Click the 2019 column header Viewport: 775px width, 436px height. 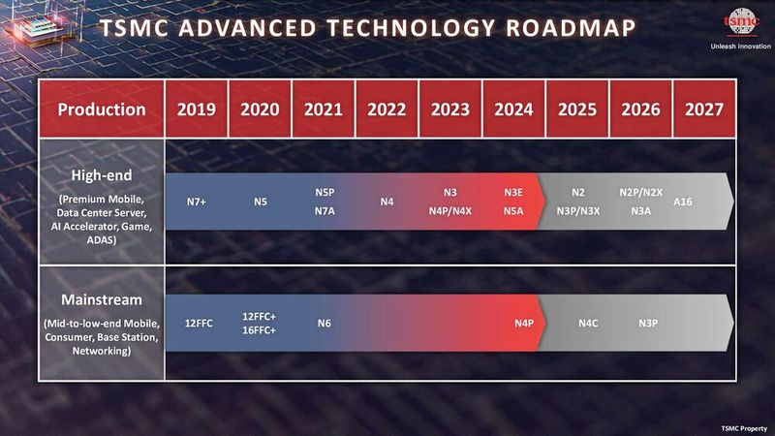pos(197,109)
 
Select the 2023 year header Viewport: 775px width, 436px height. pos(450,109)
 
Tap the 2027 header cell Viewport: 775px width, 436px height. pos(702,109)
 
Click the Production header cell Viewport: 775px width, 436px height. pos(101,109)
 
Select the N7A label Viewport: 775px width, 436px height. pos(325,210)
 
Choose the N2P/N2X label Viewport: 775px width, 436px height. pos(641,194)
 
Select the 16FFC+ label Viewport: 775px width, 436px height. pos(261,330)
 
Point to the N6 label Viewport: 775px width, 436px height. pos(324,323)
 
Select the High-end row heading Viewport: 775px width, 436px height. pos(101,175)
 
